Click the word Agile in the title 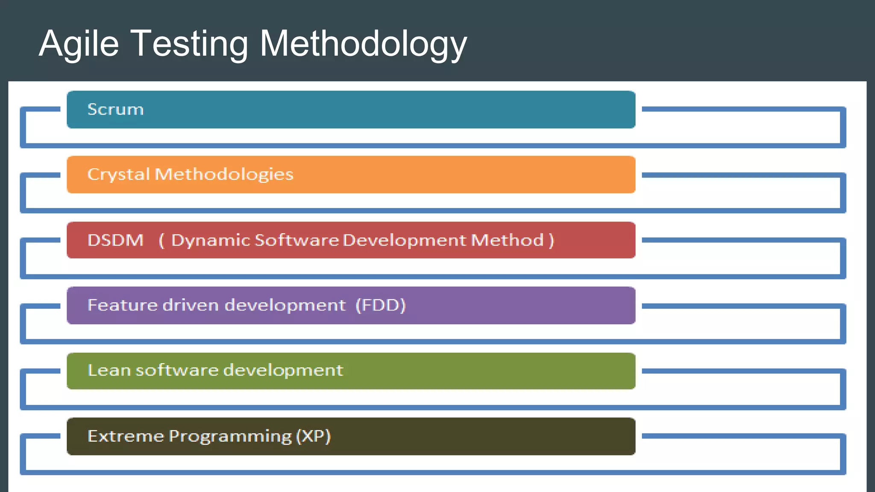point(79,44)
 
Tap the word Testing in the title point(189,44)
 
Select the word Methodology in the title point(363,44)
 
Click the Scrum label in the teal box point(115,110)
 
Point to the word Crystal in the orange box point(118,175)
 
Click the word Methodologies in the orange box point(224,175)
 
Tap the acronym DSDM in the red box point(115,240)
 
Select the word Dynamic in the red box point(210,240)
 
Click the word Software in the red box point(297,240)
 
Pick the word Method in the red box point(507,240)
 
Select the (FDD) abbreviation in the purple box point(381,305)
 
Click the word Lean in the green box point(109,370)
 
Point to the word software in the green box point(176,370)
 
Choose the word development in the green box point(283,370)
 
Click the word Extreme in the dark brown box point(126,436)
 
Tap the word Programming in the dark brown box point(230,436)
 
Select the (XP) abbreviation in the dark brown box point(314,436)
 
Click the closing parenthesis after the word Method point(551,240)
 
